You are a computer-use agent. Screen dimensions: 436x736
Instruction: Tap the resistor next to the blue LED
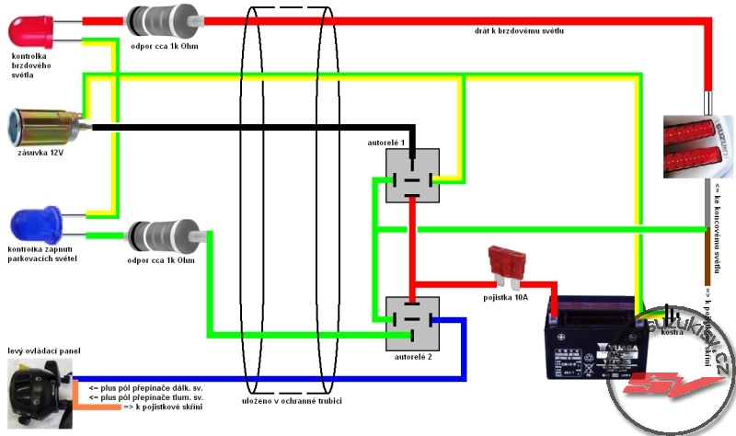(164, 239)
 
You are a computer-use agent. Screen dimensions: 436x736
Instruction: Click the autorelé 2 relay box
(412, 323)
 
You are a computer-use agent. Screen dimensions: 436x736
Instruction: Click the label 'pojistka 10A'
(506, 297)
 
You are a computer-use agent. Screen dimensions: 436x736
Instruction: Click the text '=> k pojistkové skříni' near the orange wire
(162, 406)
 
